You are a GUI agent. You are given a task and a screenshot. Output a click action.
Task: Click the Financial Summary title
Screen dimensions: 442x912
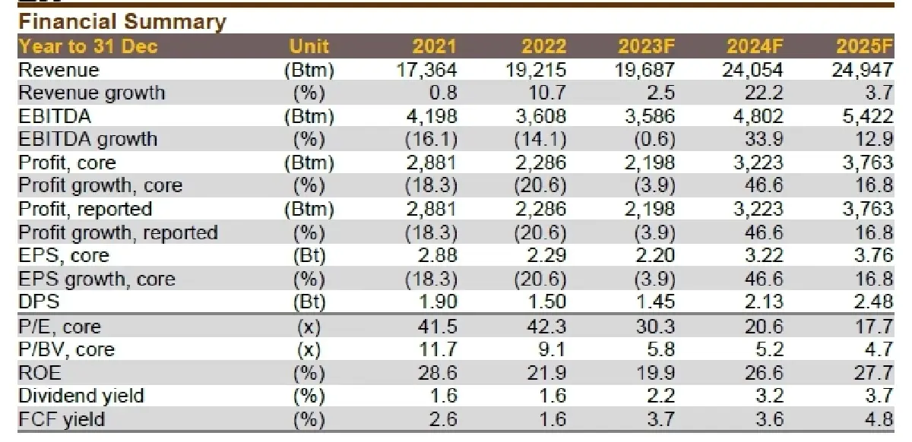(122, 22)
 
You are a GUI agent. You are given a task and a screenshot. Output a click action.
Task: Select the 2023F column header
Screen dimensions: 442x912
(647, 46)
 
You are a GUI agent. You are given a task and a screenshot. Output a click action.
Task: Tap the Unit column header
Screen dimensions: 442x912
(309, 46)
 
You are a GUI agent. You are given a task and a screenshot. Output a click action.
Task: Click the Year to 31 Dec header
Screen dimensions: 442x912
(88, 46)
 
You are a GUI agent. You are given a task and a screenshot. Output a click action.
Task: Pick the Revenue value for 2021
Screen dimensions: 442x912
(427, 70)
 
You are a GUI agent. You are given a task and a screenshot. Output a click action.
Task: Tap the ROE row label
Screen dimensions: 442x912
(39, 372)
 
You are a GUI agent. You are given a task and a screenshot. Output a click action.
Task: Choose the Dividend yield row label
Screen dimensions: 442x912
(81, 396)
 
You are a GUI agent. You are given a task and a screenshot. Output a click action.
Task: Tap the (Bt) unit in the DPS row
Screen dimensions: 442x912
(309, 302)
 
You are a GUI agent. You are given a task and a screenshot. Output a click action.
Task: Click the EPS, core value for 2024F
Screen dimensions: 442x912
(762, 255)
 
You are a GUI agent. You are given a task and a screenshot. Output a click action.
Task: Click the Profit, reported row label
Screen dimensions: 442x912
(85, 209)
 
